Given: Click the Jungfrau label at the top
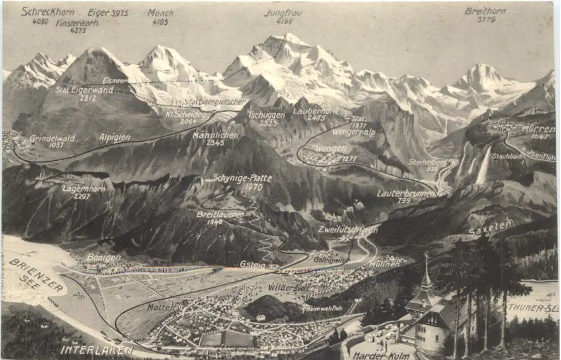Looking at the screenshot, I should (x=283, y=13).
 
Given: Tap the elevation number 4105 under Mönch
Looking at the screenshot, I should (x=161, y=22).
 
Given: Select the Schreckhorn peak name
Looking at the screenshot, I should (x=47, y=11).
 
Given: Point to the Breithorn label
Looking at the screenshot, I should (x=485, y=11).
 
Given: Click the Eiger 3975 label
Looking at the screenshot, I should (x=108, y=12).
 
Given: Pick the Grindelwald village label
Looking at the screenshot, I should (x=52, y=138).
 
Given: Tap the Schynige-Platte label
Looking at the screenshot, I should (x=242, y=178).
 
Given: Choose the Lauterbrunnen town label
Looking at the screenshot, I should (x=406, y=194).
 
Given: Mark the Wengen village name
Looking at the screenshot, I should (x=330, y=148).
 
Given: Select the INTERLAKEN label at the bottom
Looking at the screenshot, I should (x=96, y=351).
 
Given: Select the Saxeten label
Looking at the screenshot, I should (x=491, y=228).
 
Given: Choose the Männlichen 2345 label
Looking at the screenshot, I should (x=216, y=136).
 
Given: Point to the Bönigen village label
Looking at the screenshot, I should (x=103, y=257).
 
